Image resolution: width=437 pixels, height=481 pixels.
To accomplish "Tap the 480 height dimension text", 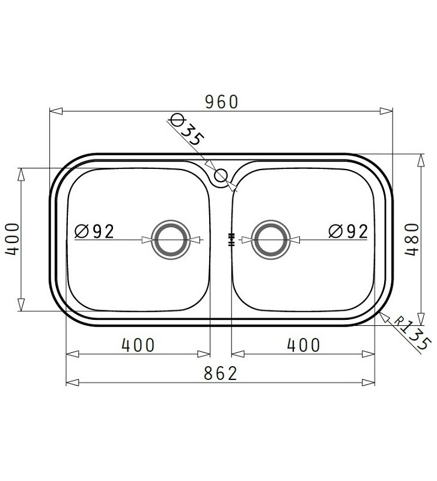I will pyautogui.click(x=411, y=239).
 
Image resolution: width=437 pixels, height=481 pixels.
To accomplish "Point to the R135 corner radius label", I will pyautogui.click(x=414, y=334).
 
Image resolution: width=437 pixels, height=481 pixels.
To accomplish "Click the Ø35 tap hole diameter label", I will pyautogui.click(x=186, y=128).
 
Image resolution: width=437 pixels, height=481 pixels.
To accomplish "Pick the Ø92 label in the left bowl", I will pyautogui.click(x=94, y=231).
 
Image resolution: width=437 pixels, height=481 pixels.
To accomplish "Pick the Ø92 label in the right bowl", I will pyautogui.click(x=347, y=231).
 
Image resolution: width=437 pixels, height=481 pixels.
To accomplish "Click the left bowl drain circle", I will pyautogui.click(x=171, y=239).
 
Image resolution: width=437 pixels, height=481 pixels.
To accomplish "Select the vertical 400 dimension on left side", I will pyautogui.click(x=13, y=239).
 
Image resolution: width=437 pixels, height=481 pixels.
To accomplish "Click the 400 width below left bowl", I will pyautogui.click(x=138, y=345).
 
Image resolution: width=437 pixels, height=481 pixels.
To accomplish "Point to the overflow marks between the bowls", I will pyautogui.click(x=231, y=240).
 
